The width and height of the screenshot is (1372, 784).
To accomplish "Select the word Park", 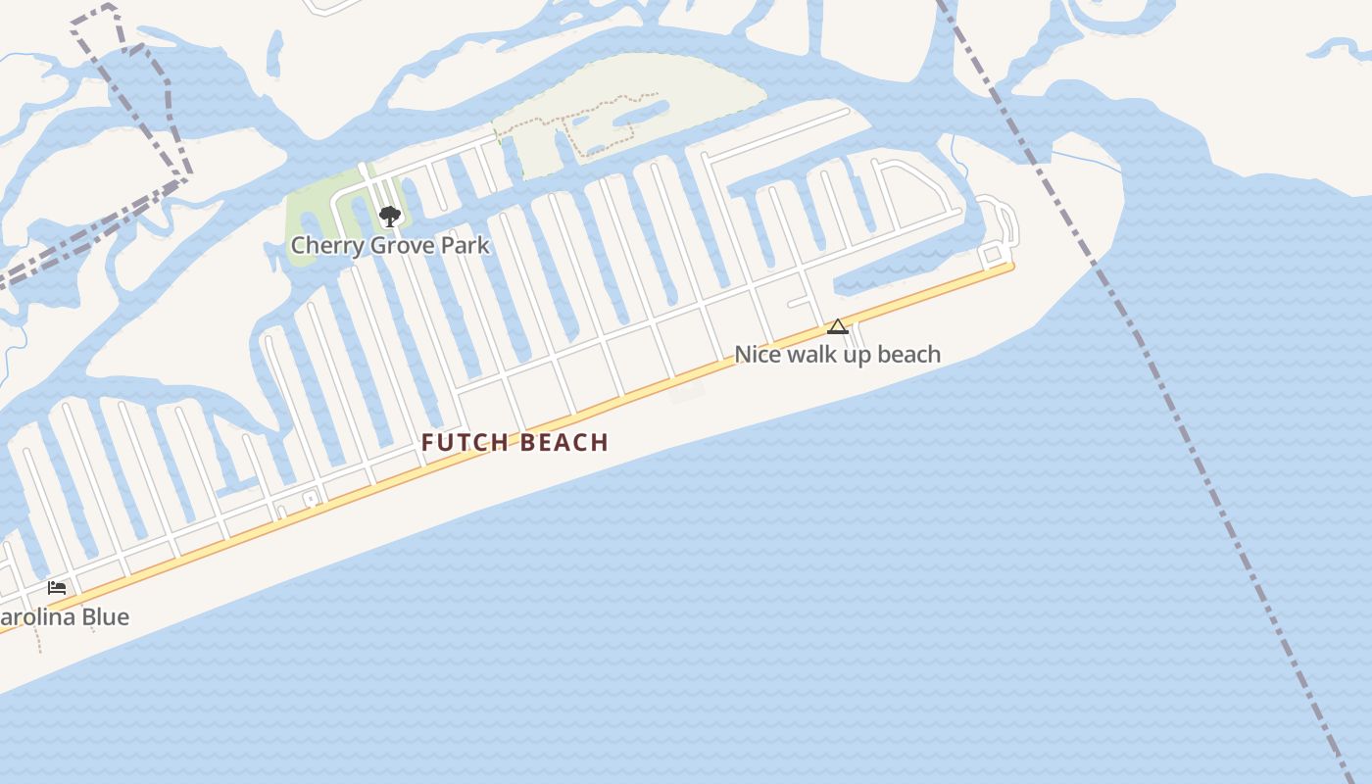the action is click(465, 245).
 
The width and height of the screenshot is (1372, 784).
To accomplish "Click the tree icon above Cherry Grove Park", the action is click(390, 217).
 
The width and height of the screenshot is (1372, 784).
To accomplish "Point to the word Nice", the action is click(756, 354).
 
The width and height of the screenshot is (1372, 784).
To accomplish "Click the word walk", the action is click(806, 354).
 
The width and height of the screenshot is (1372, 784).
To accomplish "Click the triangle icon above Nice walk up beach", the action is click(838, 326).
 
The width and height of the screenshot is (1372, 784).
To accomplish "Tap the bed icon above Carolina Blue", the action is click(57, 588).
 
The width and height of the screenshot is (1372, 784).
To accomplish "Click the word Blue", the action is click(104, 617).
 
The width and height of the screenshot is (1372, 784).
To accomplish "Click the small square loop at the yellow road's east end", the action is click(992, 255).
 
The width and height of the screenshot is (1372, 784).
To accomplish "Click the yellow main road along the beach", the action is click(588, 407).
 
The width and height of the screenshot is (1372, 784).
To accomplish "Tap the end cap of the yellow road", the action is click(1010, 266).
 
